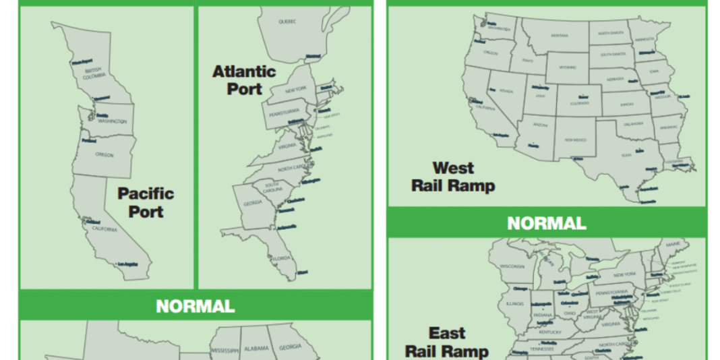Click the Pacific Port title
[146, 202]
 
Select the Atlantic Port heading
[243, 80]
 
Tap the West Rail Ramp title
[453, 176]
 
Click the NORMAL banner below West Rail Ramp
[546, 223]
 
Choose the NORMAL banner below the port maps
[196, 306]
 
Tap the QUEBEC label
[287, 22]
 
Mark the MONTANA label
[559, 35]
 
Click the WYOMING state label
[568, 67]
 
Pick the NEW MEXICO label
[575, 140]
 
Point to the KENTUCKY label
[550, 332]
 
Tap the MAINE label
[671, 253]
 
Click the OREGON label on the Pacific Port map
[104, 155]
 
